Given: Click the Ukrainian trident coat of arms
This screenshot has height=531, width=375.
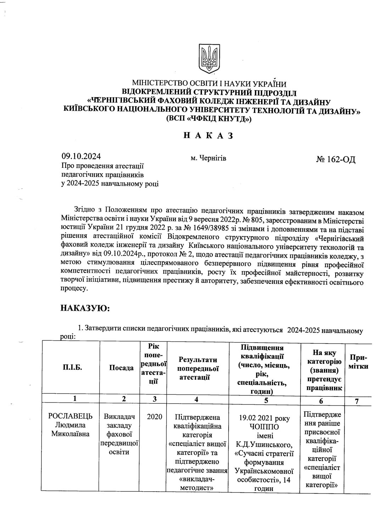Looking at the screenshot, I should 209,59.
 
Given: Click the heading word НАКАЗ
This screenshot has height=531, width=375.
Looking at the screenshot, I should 208,136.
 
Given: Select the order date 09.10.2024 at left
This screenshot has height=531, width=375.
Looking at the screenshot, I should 82,157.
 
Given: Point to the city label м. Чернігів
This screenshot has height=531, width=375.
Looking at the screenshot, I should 208,158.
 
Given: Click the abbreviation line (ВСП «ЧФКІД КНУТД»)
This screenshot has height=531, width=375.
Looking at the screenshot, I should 208,119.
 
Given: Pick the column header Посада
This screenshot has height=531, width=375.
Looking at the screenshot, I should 121,368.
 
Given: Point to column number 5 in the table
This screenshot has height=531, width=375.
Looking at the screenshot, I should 264,399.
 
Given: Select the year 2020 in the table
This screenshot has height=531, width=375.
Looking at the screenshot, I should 154,416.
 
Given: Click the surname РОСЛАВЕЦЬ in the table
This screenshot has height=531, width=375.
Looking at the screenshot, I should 70,416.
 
